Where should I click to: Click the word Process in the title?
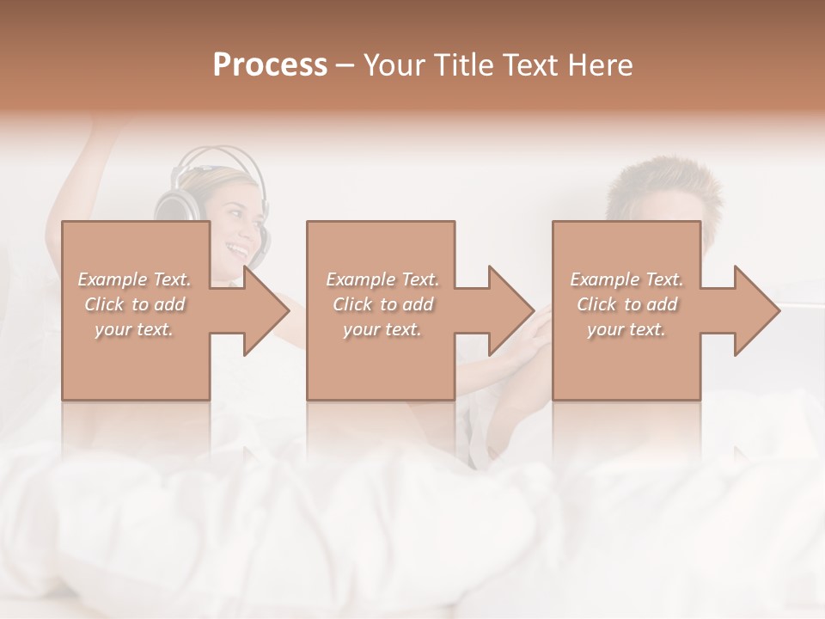pos(270,65)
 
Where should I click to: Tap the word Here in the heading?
pos(601,65)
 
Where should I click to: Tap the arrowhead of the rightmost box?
pos(765,310)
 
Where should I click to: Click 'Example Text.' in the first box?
pos(134,279)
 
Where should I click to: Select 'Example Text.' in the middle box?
pos(382,279)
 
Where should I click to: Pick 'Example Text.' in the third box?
pos(626,279)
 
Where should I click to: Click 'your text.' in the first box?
pos(134,329)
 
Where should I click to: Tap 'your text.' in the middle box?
pos(382,329)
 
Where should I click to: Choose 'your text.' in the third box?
pos(626,329)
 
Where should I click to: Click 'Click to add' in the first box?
pos(134,304)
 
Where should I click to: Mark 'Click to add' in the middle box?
pos(382,304)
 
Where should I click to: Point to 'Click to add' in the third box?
pos(626,304)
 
